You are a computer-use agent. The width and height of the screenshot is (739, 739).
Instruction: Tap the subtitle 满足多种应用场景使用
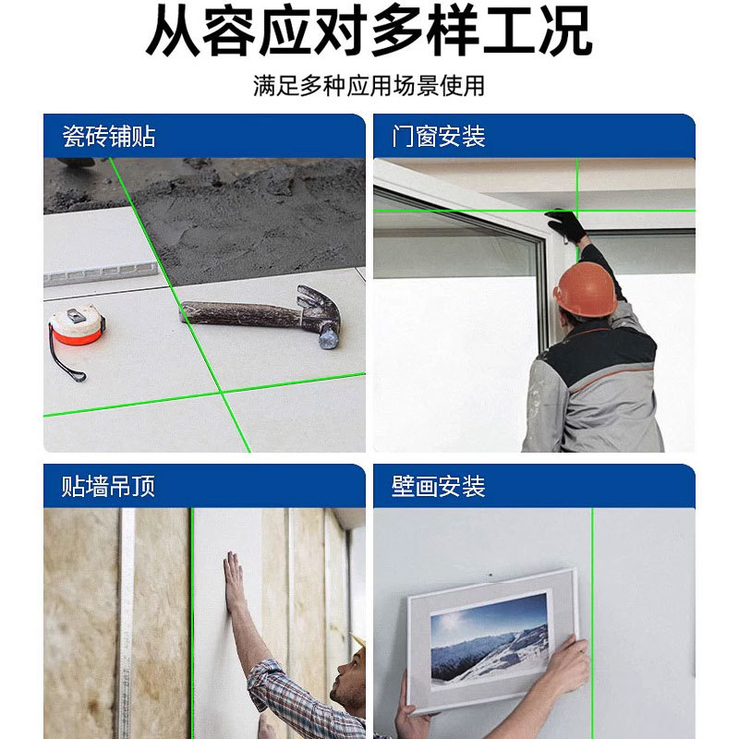[369, 86]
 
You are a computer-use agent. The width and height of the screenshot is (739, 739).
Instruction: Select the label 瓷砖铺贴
[109, 136]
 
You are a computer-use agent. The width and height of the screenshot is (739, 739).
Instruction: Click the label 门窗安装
[438, 136]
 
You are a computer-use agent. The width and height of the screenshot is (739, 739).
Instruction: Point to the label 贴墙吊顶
[108, 486]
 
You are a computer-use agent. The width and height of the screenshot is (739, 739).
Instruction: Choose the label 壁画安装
[438, 486]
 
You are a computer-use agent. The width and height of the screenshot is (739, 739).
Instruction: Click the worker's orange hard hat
[586, 289]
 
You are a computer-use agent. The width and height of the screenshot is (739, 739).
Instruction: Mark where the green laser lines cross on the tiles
[221, 392]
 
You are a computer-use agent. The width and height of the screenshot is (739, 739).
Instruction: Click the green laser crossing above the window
[577, 211]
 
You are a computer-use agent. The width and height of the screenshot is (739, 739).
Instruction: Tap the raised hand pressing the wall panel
[235, 581]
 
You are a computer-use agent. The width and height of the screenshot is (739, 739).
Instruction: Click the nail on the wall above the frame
[491, 575]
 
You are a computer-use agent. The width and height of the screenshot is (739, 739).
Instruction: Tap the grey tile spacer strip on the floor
[101, 273]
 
